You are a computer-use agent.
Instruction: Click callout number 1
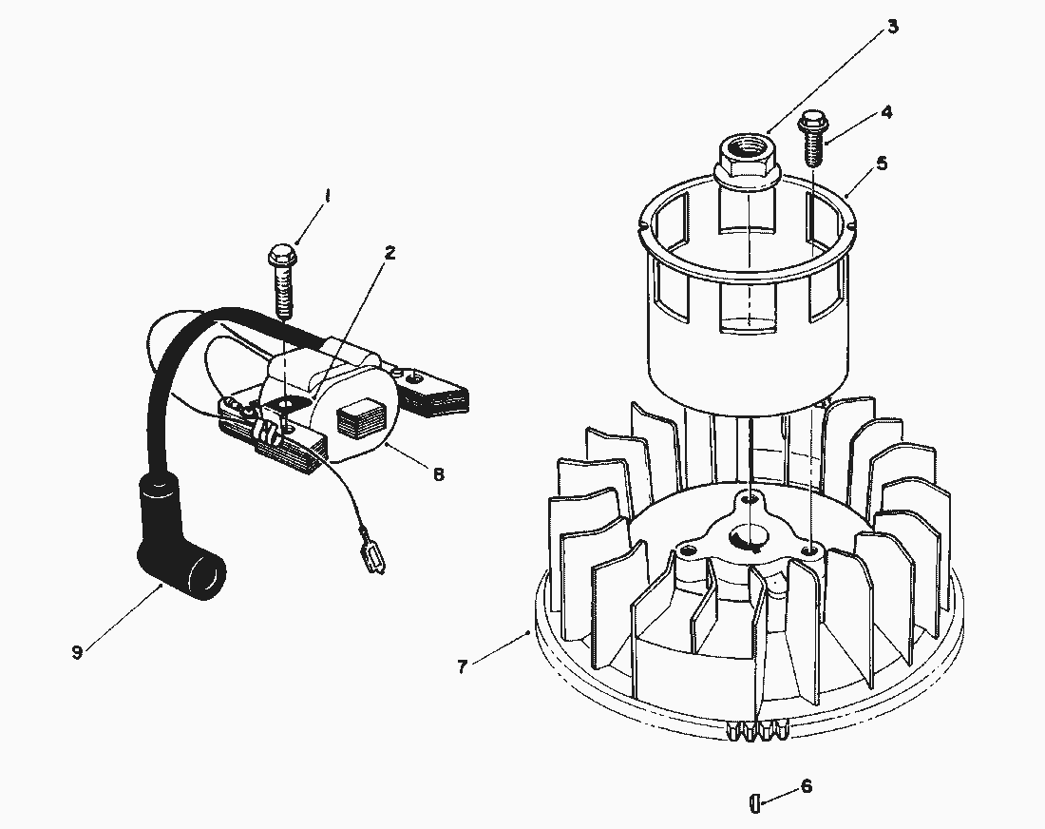point(327,196)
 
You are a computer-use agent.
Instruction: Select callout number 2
point(389,253)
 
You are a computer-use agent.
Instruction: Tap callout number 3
point(892,26)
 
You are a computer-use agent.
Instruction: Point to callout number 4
point(886,111)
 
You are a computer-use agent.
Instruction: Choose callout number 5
point(882,164)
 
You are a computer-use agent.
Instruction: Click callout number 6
point(807,786)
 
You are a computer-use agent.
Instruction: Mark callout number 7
point(463,666)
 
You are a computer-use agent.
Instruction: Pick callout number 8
point(438,473)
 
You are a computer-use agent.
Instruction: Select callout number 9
point(77,651)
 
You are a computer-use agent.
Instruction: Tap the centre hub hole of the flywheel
point(750,540)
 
